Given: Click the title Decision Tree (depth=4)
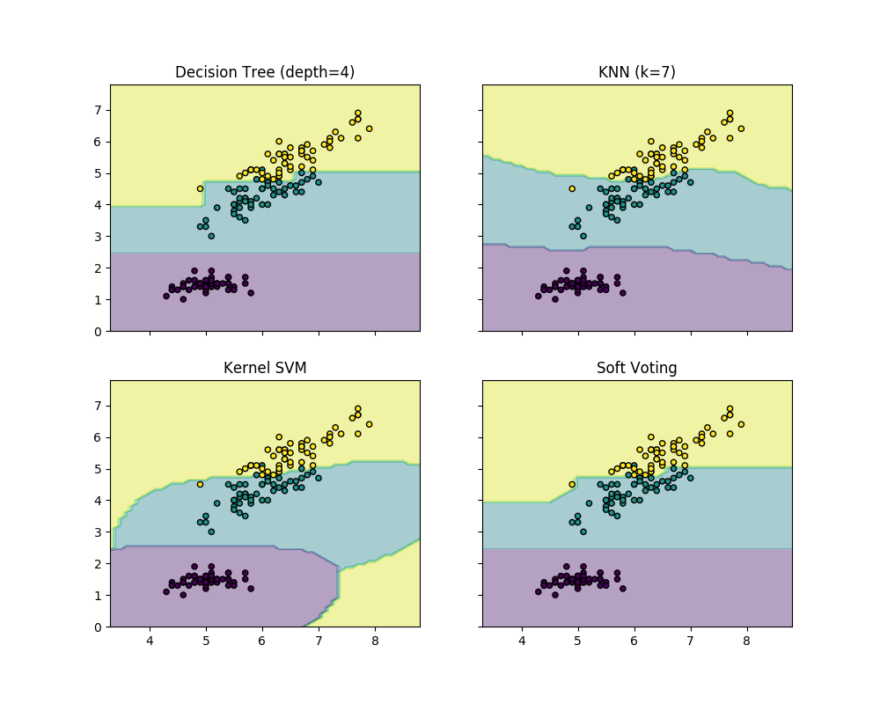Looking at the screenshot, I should (x=265, y=72).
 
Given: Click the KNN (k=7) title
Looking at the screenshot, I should (x=636, y=72).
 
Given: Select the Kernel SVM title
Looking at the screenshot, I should (x=265, y=368).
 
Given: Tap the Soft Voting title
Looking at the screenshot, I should (x=636, y=368).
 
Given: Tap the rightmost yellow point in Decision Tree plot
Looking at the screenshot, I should (x=369, y=128).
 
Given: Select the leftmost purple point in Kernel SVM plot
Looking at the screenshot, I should (x=166, y=591).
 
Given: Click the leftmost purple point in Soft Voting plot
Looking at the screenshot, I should (x=539, y=591).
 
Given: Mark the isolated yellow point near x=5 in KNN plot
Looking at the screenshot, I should (x=572, y=188).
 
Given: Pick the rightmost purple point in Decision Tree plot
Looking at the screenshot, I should (x=251, y=293).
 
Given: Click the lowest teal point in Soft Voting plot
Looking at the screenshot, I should (x=583, y=532).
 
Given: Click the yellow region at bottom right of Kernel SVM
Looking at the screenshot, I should (x=387, y=598).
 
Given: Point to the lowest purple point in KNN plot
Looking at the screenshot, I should (x=555, y=299).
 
